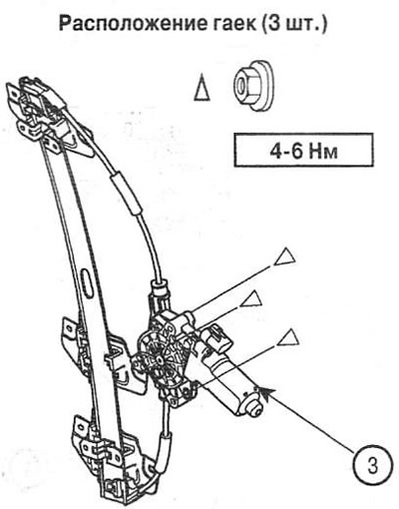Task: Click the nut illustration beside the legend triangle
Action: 252,86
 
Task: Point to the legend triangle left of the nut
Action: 201,87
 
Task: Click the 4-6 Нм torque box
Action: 303,150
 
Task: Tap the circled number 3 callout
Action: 372,466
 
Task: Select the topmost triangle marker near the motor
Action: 285,256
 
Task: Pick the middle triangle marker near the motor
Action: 251,298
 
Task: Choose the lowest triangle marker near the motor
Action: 288,339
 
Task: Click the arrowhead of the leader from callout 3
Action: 266,391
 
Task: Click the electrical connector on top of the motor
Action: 215,340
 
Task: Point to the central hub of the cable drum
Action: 159,360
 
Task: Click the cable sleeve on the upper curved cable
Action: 127,192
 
